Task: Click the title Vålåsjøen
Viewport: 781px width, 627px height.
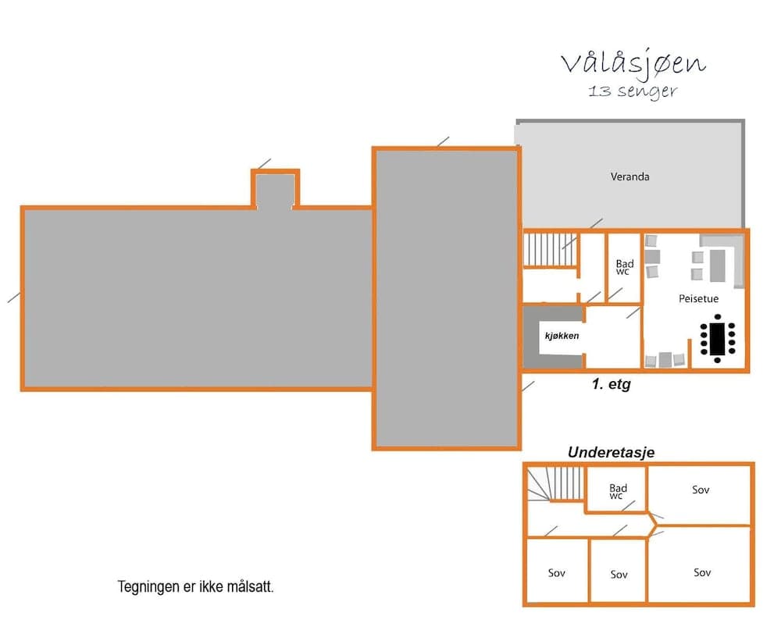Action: tap(633, 63)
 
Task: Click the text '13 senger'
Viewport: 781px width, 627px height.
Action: tap(633, 91)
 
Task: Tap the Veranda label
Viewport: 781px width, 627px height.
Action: tap(629, 176)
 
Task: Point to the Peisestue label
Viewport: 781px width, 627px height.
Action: tap(698, 298)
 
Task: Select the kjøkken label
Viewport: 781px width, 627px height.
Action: tap(562, 336)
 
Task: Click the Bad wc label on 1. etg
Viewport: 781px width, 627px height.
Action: tap(624, 268)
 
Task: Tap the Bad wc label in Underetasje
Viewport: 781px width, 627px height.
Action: tap(617, 492)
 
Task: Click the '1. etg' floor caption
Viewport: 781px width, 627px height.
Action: tap(609, 385)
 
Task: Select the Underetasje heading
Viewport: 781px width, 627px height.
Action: tap(610, 452)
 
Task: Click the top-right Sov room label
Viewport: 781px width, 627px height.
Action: tap(701, 490)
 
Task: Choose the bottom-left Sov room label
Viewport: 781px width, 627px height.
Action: tap(556, 572)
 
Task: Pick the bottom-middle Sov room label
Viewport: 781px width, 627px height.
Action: tap(619, 574)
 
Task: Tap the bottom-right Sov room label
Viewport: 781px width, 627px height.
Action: tap(701, 572)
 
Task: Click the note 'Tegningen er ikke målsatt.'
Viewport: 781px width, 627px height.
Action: tap(195, 586)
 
